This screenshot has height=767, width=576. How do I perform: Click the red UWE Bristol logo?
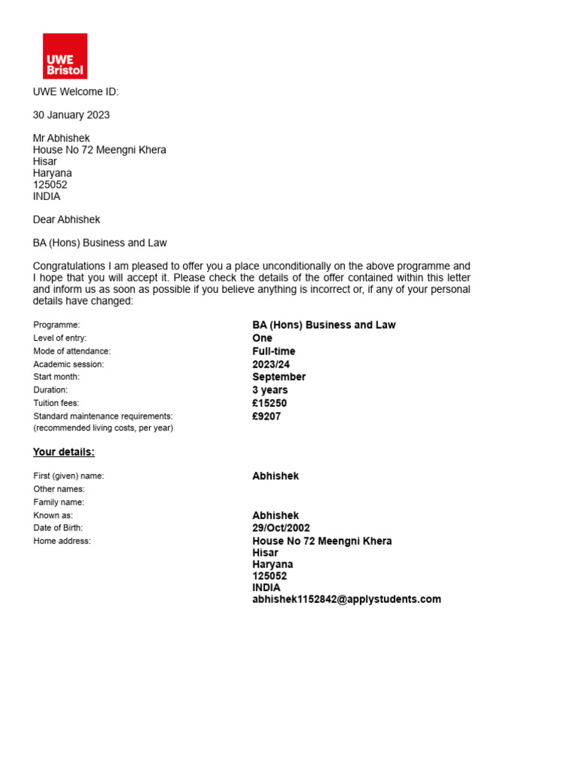tap(65, 56)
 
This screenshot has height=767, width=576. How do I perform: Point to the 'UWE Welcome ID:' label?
tap(76, 92)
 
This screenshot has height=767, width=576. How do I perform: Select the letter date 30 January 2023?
tap(71, 115)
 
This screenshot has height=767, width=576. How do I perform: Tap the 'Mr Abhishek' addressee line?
tap(61, 139)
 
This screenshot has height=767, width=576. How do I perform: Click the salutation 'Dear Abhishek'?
tap(67, 220)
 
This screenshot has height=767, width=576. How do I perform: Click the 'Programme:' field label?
tap(57, 325)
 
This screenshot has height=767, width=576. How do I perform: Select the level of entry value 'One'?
tap(262, 339)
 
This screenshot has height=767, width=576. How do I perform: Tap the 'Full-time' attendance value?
tap(274, 351)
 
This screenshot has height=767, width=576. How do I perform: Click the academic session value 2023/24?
tap(271, 365)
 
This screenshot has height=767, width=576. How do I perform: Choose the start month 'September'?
tap(279, 378)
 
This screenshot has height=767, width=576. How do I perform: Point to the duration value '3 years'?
tap(270, 390)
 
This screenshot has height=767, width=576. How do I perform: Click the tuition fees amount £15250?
tap(270, 404)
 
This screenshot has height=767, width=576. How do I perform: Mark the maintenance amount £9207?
tap(267, 416)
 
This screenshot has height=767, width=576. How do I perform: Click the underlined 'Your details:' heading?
tap(64, 452)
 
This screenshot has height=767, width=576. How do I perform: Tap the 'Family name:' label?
tap(59, 503)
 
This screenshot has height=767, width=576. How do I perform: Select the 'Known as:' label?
tap(53, 516)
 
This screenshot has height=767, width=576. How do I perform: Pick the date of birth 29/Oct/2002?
tap(281, 528)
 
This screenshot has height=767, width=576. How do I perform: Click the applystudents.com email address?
tap(346, 599)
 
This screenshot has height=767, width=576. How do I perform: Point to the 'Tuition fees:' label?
tap(56, 404)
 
